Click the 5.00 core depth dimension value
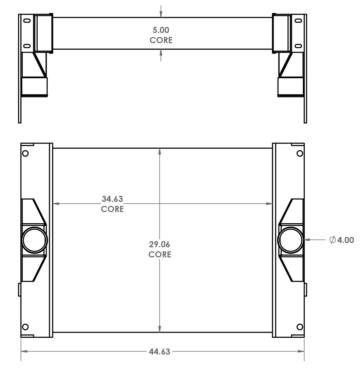point(161,30)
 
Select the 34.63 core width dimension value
point(112,199)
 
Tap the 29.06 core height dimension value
point(159,244)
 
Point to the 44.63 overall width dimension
point(159,352)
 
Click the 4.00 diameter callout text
point(346,240)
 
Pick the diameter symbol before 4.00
point(332,240)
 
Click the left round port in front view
point(35,240)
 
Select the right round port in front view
point(290,240)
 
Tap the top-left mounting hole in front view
point(25,153)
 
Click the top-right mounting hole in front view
point(300,153)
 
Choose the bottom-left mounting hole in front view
point(25,327)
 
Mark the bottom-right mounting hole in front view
point(300,327)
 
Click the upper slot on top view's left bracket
point(27,21)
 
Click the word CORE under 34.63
point(112,209)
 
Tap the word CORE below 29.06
point(160,254)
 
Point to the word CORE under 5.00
point(161,40)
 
